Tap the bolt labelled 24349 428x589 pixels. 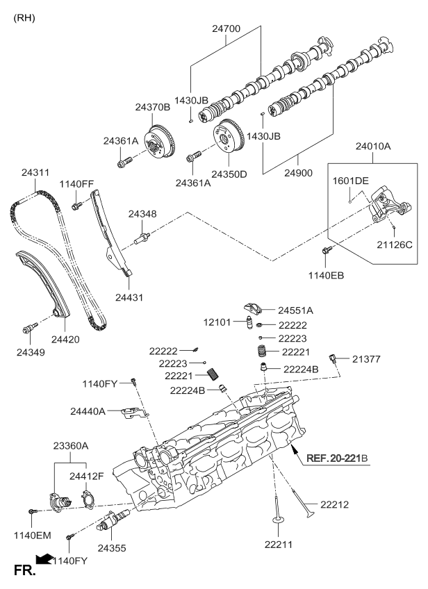pos(28,327)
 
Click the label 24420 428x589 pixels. pos(68,340)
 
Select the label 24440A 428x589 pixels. pos(88,411)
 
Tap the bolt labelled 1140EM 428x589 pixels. pos(32,511)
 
